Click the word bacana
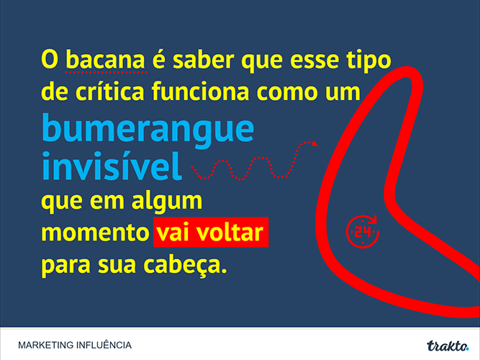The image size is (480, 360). pos(105,60)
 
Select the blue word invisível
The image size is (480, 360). pos(112,166)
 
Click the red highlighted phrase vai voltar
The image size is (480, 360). pos(211,233)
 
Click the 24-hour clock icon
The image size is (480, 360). pos(363,231)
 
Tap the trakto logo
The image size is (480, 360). pos(448,346)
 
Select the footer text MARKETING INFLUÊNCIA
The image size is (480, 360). pos(75,345)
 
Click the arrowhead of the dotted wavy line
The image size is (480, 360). pos(314,143)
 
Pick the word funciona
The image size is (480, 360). pos(201,91)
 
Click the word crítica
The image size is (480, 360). pos(109,91)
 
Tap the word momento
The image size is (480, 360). pos(95,233)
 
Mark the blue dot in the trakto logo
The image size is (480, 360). pos(467,348)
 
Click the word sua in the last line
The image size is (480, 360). pos(117,266)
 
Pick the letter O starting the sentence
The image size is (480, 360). pos(50,60)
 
